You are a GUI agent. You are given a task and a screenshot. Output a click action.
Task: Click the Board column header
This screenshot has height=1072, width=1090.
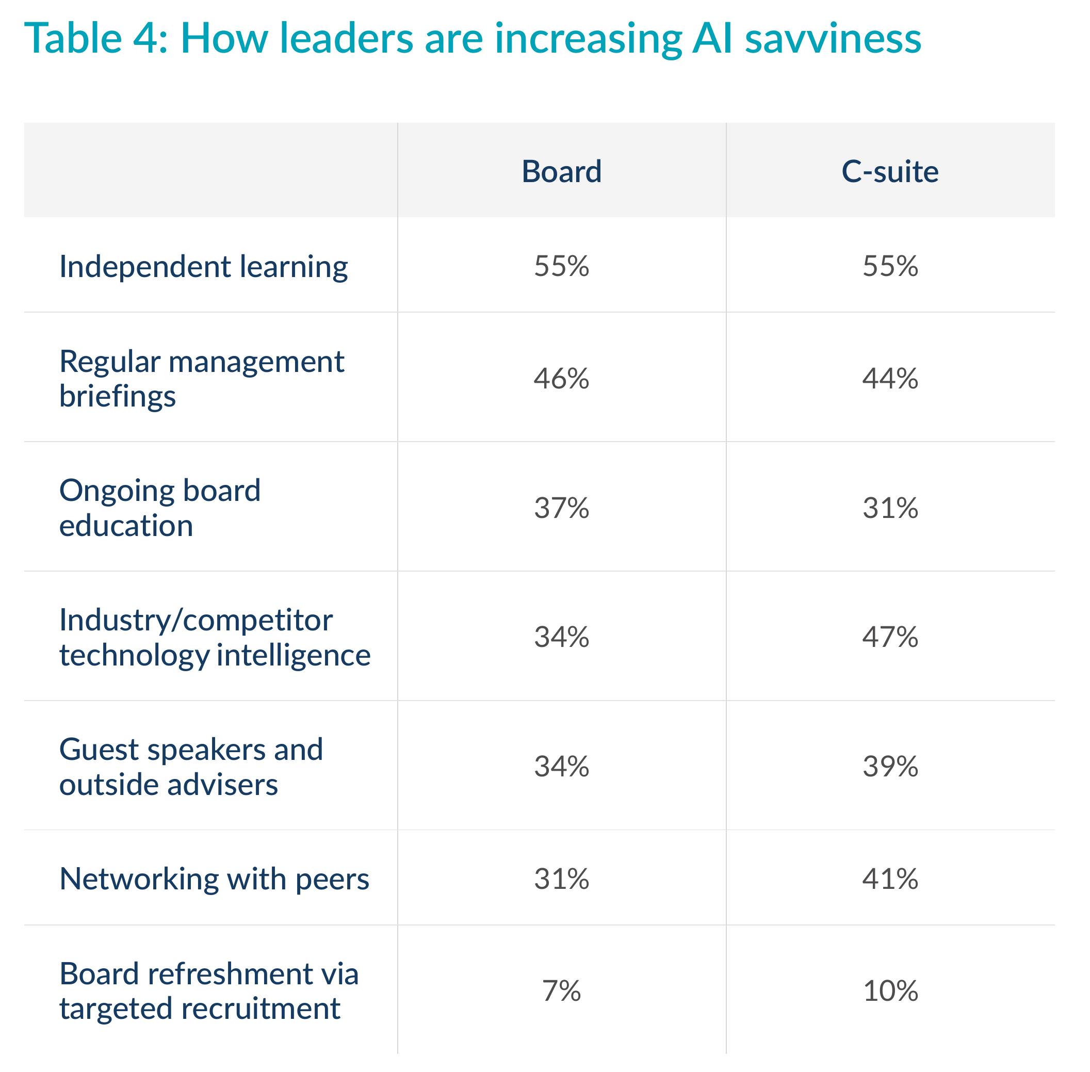tap(561, 171)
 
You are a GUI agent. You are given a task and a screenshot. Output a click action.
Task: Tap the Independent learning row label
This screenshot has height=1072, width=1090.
tap(203, 267)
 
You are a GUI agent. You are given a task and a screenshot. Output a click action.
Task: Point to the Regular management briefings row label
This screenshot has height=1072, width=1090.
tap(202, 378)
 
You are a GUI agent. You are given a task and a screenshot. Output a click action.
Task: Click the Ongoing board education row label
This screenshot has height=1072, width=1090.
tap(160, 508)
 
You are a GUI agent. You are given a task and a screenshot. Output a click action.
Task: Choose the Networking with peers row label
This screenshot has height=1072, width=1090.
tap(214, 879)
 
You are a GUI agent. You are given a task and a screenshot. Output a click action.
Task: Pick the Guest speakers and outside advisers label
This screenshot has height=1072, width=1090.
tap(191, 767)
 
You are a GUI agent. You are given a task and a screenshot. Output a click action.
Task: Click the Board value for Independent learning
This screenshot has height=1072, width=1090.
tap(561, 266)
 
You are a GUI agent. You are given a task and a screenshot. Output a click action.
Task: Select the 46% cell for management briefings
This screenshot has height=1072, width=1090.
tap(561, 378)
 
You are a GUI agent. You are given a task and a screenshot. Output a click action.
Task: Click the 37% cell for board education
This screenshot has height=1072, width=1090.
tap(561, 508)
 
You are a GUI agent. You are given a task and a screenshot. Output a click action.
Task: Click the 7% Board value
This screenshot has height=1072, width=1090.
tap(561, 991)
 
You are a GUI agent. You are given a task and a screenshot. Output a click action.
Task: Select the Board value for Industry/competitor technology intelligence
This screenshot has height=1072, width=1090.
tap(561, 637)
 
